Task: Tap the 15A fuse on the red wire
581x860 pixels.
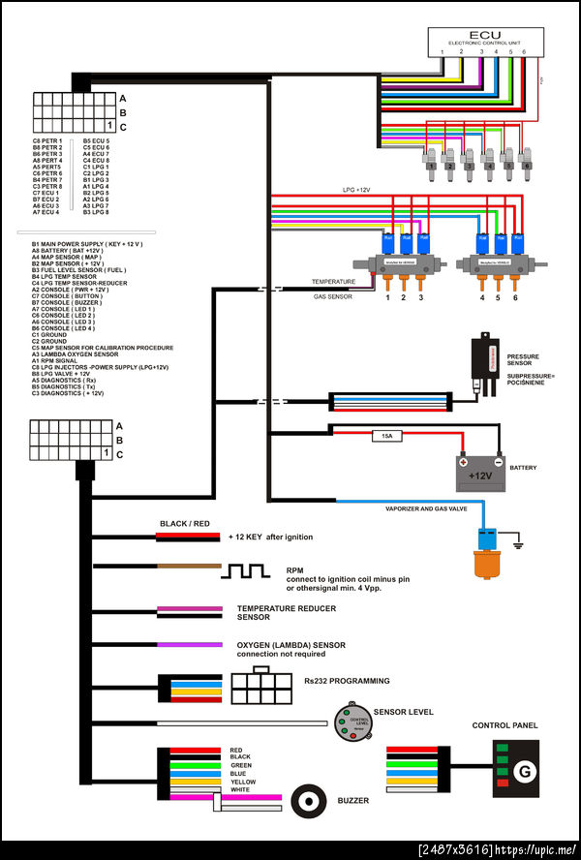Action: pos(386,437)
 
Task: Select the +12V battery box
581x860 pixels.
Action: pos(481,475)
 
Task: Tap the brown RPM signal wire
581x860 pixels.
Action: pos(188,566)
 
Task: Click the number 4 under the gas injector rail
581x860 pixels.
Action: pos(481,297)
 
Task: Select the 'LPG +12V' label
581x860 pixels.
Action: pos(355,190)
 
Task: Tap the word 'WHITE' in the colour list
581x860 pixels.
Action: pos(239,791)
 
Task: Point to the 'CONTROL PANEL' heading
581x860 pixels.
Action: pos(505,725)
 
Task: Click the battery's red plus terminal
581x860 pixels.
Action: pos(464,462)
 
